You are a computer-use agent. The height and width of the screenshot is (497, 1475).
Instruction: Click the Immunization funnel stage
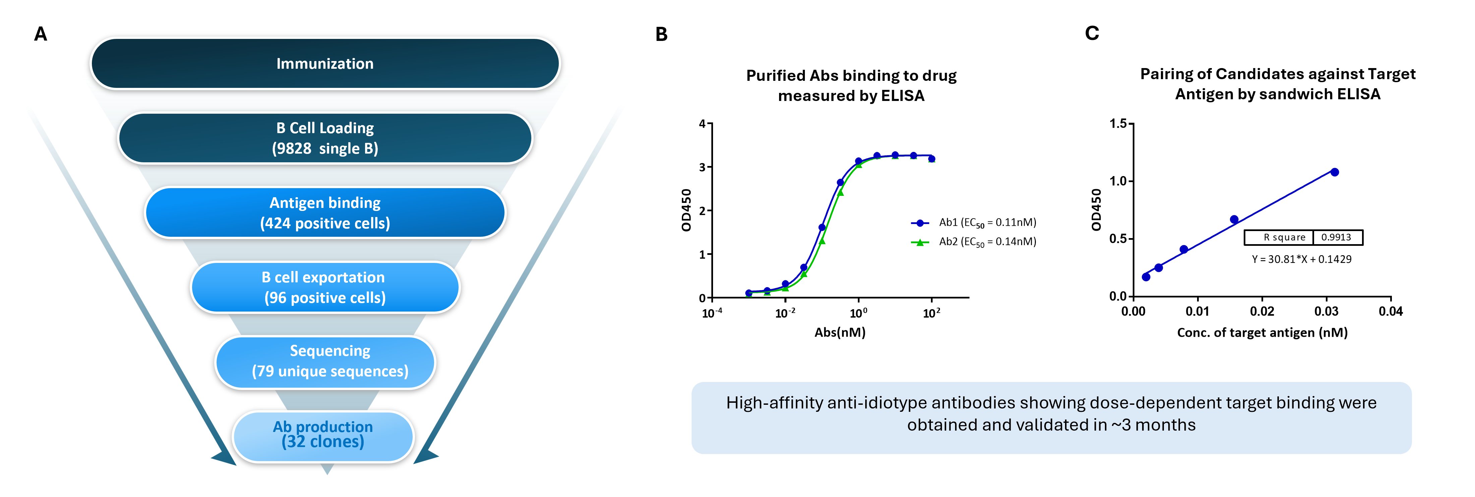tap(324, 64)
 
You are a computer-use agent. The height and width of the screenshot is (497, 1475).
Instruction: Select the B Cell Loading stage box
tap(324, 138)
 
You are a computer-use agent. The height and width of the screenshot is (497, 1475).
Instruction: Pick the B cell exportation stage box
tap(324, 287)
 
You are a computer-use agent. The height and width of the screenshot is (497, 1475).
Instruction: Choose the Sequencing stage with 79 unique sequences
tap(324, 361)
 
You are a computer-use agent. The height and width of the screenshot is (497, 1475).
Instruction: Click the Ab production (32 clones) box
tap(323, 435)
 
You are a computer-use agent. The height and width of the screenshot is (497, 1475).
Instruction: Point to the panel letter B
tap(661, 34)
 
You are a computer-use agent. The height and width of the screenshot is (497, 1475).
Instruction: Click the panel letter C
tap(1091, 33)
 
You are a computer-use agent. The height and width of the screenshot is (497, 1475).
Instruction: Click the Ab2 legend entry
tap(973, 242)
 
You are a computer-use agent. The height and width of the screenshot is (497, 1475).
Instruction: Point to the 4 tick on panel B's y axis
tap(702, 124)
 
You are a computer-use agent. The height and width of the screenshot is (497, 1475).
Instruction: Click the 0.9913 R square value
tap(1336, 237)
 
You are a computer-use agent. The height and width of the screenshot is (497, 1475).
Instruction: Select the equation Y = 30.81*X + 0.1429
tap(1301, 259)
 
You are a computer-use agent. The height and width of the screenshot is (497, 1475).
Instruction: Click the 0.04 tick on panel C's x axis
tap(1390, 312)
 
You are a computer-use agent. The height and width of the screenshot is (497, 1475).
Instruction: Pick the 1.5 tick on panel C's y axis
tap(1118, 124)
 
